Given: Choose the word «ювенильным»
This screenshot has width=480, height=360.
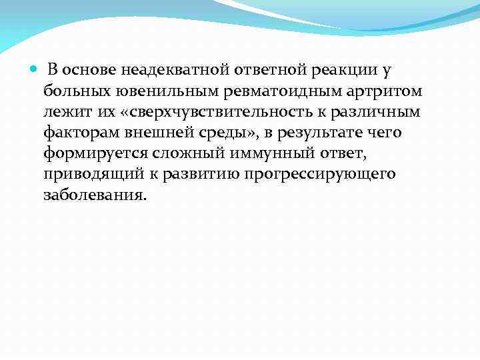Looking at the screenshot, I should click(x=151, y=90).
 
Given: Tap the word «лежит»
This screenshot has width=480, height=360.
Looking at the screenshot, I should click(x=63, y=111).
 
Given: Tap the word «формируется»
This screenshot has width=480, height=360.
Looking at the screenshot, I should click(x=89, y=153).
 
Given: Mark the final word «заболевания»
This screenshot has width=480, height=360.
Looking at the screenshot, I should click(x=93, y=196).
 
